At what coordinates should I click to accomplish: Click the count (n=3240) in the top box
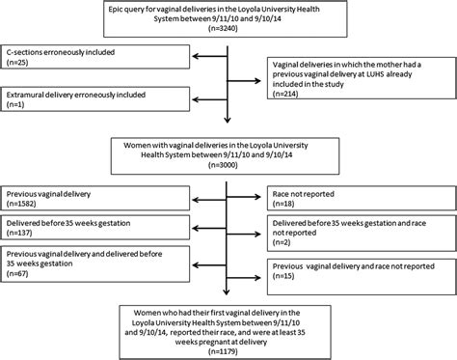click(228, 33)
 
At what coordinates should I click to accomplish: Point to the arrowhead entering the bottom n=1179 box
click(228, 303)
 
